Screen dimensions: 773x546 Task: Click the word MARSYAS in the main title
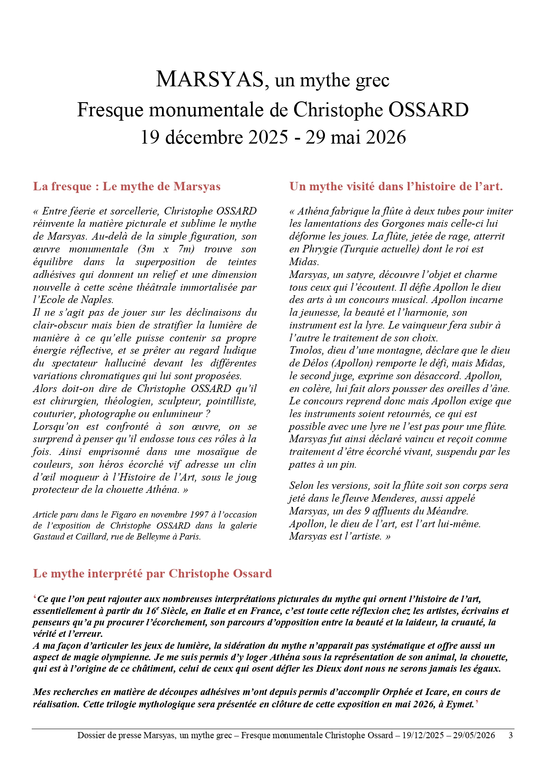coord(210,80)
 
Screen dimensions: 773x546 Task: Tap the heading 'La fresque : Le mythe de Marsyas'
coord(127,186)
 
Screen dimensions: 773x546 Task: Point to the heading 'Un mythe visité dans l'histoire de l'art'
coord(396,186)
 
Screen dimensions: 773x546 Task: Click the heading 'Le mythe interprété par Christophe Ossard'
coord(152,573)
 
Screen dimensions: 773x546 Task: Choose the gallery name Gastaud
coord(48,536)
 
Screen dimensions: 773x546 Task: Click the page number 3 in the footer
coord(510,735)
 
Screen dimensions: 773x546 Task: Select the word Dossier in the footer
coord(91,735)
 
